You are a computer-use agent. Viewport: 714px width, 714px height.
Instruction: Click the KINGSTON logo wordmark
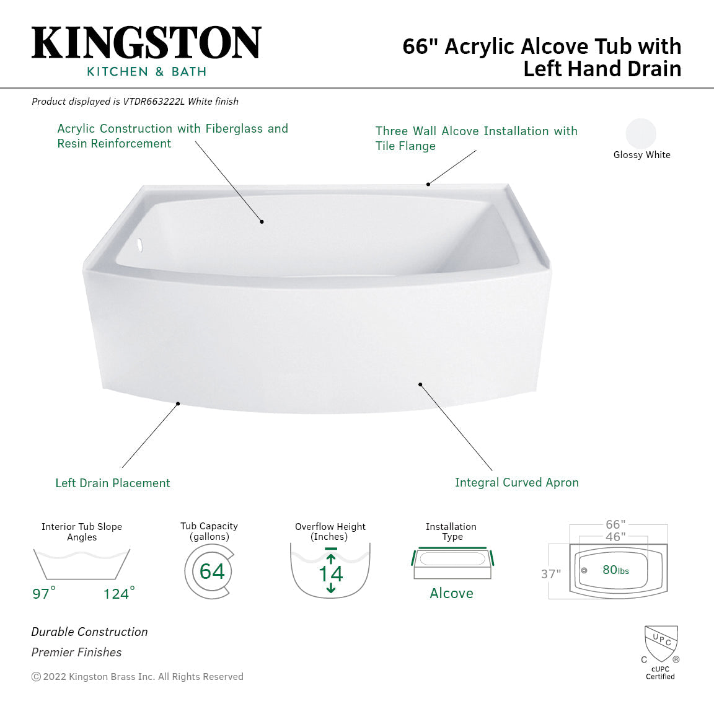[146, 43]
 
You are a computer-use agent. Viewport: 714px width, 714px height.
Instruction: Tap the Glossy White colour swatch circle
[641, 133]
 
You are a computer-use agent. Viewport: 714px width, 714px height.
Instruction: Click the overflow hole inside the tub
[140, 245]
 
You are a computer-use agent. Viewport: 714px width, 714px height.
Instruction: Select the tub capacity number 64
[212, 571]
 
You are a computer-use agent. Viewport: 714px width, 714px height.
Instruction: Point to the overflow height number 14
[330, 573]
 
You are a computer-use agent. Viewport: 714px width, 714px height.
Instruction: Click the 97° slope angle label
[43, 593]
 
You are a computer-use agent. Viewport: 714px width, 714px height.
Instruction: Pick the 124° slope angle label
[118, 593]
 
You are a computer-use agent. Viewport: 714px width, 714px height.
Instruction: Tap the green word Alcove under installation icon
[451, 593]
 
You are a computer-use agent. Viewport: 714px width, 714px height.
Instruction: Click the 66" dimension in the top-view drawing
[615, 525]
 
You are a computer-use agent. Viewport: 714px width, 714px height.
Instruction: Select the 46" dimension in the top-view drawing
[615, 537]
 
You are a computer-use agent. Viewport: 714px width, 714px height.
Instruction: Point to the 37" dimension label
[551, 574]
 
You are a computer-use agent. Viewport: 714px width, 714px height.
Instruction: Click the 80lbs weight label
[615, 570]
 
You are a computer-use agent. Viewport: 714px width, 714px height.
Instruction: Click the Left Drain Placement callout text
[112, 483]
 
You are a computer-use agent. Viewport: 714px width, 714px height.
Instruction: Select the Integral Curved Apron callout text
[516, 482]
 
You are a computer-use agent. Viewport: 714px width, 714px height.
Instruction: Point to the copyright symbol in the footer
[36, 677]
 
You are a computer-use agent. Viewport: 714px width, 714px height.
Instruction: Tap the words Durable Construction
[89, 632]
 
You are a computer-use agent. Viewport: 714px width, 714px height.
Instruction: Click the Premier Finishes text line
[76, 652]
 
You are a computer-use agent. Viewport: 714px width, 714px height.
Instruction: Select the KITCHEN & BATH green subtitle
[146, 71]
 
